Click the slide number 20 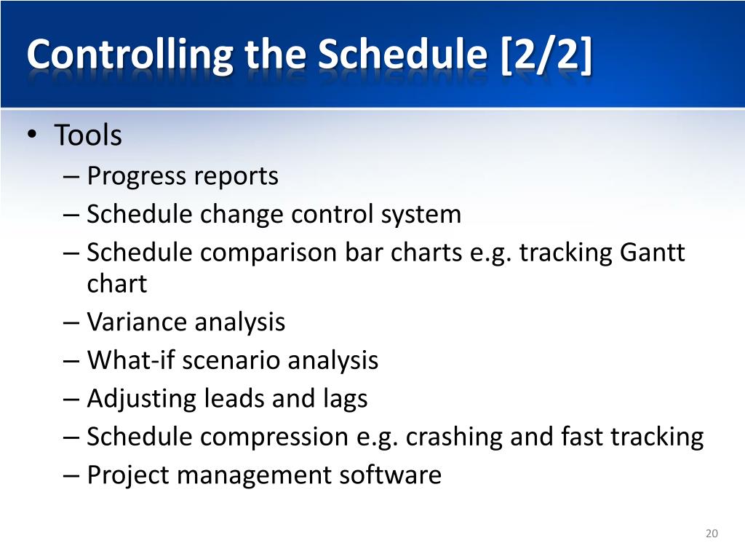point(712,534)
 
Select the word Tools point(88,135)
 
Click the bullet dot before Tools point(32,134)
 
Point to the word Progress point(138,177)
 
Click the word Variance point(138,322)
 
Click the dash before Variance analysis point(71,323)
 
